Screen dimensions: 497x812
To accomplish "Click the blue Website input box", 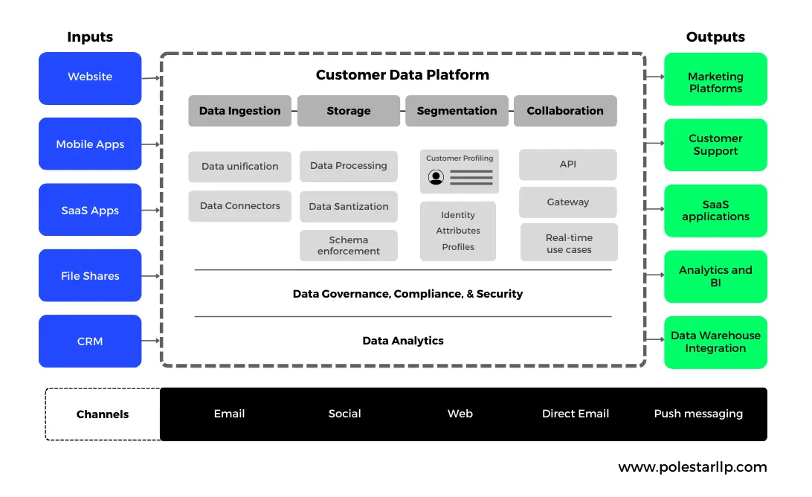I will pyautogui.click(x=90, y=77).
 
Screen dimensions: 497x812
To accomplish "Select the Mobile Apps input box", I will pyautogui.click(x=90, y=144).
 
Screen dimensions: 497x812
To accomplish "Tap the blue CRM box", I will pyautogui.click(x=90, y=342).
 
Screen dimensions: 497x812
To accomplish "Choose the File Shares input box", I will pyautogui.click(x=90, y=276).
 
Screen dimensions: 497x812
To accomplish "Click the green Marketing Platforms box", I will pyautogui.click(x=715, y=83).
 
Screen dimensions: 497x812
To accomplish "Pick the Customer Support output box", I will pyautogui.click(x=715, y=145).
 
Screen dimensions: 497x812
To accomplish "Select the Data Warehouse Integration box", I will pyautogui.click(x=715, y=342).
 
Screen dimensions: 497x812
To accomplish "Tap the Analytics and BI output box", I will pyautogui.click(x=715, y=277).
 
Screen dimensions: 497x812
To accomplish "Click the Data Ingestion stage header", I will pyautogui.click(x=239, y=111).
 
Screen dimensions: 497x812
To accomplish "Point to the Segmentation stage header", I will pyautogui.click(x=457, y=111).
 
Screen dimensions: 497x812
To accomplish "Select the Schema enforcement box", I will pyautogui.click(x=349, y=246).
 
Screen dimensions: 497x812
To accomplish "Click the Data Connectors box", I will pyautogui.click(x=239, y=206).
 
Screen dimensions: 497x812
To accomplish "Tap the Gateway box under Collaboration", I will pyautogui.click(x=568, y=202).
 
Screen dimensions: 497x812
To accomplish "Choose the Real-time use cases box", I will pyautogui.click(x=569, y=243).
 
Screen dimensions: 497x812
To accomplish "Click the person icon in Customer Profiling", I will pyautogui.click(x=436, y=177).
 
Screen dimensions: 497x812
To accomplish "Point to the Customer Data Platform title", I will pyautogui.click(x=402, y=75).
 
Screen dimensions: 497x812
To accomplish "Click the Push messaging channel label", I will pyautogui.click(x=698, y=414).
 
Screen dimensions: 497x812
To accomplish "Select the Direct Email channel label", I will pyautogui.click(x=576, y=414).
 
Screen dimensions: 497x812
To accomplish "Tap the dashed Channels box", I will pyautogui.click(x=103, y=414).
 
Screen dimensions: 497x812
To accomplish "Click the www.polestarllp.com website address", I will pyautogui.click(x=692, y=467).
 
